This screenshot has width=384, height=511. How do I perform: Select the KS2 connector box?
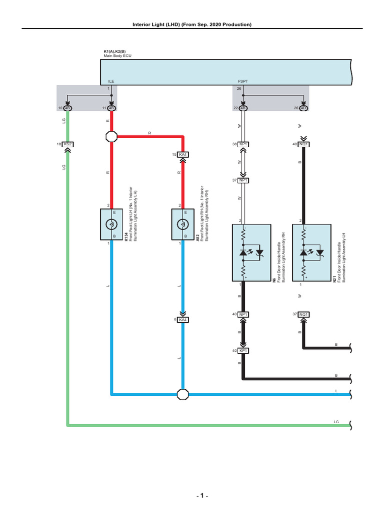click(68, 144)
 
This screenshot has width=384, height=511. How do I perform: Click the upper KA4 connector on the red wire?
click(183, 155)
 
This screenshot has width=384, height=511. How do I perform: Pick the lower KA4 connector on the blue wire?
click(183, 319)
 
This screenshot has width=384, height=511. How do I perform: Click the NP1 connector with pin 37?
click(243, 180)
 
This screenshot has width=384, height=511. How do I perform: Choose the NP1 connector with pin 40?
click(243, 314)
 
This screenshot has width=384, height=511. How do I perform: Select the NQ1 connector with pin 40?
click(303, 144)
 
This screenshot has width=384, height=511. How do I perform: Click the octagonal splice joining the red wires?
click(111, 136)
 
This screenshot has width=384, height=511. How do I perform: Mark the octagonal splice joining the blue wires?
click(183, 394)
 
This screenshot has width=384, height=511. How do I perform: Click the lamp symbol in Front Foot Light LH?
click(111, 225)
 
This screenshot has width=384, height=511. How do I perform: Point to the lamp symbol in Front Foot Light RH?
click(183, 225)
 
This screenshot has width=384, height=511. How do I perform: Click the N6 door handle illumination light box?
click(251, 253)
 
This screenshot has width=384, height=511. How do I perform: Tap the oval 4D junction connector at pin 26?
click(303, 108)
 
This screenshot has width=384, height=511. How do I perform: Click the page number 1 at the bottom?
click(201, 496)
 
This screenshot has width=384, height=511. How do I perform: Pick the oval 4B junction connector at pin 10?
click(68, 108)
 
